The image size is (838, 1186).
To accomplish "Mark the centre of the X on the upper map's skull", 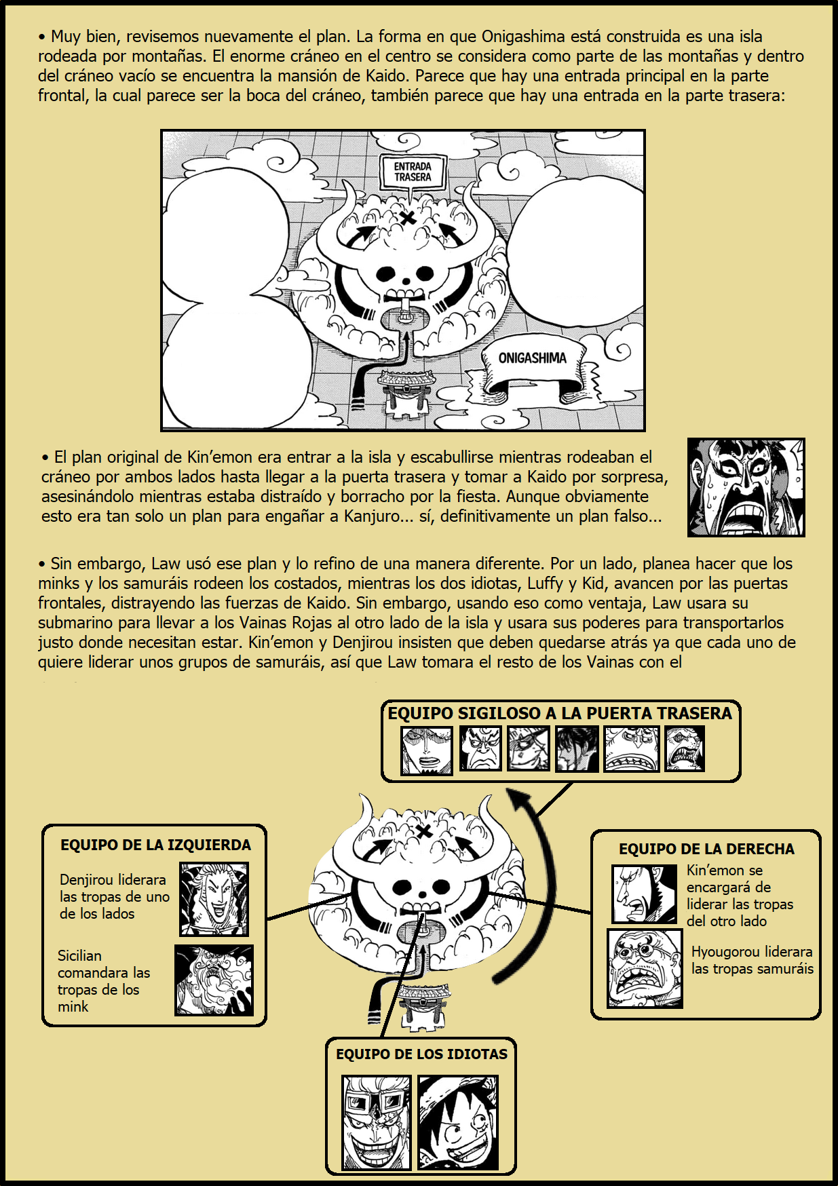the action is click(x=407, y=218).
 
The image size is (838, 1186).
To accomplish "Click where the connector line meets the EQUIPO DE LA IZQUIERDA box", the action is click(x=266, y=920).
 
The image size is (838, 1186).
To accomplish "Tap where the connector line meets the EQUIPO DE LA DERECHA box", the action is click(x=592, y=912).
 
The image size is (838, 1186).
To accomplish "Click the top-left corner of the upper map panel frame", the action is click(x=161, y=130).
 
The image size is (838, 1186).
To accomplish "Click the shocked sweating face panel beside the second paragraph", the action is click(x=746, y=487).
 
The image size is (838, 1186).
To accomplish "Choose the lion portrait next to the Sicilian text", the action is click(x=214, y=980).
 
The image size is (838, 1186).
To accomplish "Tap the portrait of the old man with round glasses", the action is click(x=645, y=968).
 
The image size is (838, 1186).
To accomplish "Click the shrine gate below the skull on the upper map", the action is click(x=406, y=392).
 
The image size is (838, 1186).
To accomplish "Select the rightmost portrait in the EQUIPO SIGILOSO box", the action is click(x=685, y=748).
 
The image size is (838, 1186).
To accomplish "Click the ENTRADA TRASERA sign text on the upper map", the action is click(x=413, y=172).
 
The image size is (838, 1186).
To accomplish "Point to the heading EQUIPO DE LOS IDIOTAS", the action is click(x=421, y=1054).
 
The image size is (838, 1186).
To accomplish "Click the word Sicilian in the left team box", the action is click(x=79, y=955).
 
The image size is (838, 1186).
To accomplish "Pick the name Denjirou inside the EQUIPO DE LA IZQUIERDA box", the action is click(x=86, y=879).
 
